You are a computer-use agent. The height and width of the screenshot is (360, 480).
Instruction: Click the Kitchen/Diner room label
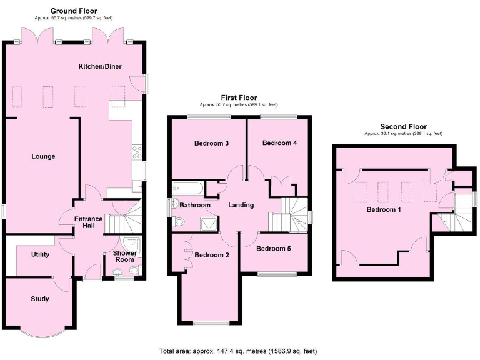click(x=99, y=66)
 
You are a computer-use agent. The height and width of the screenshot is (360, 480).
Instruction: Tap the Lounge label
click(x=44, y=156)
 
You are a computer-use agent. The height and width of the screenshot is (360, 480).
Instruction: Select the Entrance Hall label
click(x=84, y=222)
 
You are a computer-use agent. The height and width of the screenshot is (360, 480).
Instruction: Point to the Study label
click(x=40, y=299)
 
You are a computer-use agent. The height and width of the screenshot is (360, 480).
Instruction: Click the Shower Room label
click(x=124, y=256)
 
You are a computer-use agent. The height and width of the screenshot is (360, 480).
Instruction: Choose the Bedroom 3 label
click(x=211, y=143)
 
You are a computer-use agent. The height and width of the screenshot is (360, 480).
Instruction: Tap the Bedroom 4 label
click(x=279, y=143)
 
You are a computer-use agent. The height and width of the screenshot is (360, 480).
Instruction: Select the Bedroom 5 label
click(x=273, y=249)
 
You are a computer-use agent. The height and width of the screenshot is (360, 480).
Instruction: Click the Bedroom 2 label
click(x=211, y=255)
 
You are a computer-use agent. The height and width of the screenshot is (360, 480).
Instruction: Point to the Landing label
click(x=241, y=205)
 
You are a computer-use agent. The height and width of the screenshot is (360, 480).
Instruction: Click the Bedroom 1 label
click(x=383, y=209)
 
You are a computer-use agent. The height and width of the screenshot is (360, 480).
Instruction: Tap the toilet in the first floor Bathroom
click(x=180, y=221)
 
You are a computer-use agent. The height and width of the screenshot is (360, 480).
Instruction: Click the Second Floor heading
click(x=403, y=126)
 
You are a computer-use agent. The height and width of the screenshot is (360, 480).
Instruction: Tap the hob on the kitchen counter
click(x=137, y=152)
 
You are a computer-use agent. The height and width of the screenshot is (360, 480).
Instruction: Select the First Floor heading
click(x=238, y=97)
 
